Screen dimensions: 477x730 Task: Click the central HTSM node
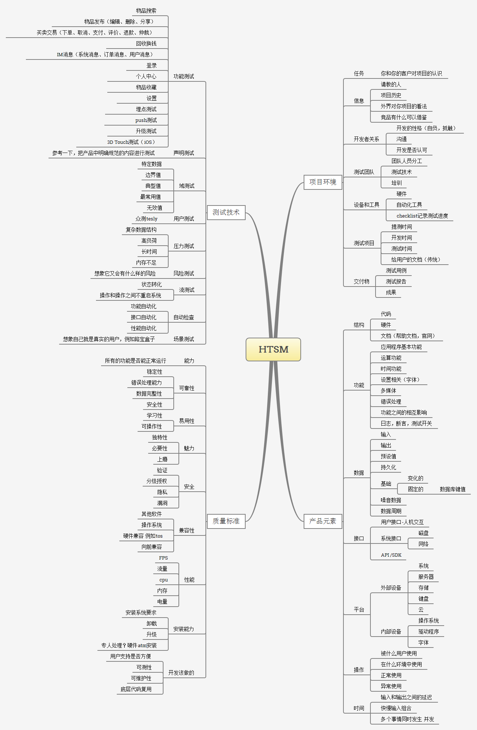coord(273,349)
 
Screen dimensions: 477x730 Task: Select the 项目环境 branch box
coord(323,182)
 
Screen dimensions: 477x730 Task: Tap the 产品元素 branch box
coord(323,521)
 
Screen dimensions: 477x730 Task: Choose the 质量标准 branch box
coord(226,521)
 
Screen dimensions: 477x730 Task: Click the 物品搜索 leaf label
coord(146,11)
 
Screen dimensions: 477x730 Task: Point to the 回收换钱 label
coord(146,43)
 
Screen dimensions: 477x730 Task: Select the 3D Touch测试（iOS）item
coord(131,142)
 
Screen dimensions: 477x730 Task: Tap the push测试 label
coord(146,120)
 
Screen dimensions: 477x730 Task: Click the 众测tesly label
coord(146,219)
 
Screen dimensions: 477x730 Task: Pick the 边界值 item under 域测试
coord(153,175)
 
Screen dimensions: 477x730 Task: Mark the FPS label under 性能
coord(163,558)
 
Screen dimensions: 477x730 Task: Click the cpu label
coord(164,580)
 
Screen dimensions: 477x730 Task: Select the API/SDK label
coord(391,555)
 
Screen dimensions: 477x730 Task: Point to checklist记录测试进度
coord(422,216)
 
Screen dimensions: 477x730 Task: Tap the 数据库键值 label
coord(453,489)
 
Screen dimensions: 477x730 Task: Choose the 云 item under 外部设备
coord(421,610)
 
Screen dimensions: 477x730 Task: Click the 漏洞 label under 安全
coord(162,503)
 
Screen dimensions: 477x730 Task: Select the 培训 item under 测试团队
coord(396,183)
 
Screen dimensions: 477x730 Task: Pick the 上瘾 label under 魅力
coord(162,459)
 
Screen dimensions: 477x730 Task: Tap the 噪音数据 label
coord(391,500)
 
